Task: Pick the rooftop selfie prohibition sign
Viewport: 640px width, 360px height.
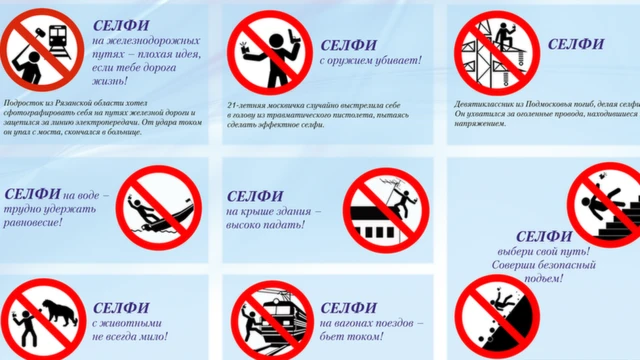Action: pyautogui.click(x=385, y=209)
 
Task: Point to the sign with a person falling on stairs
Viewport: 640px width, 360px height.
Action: pyautogui.click(x=606, y=205)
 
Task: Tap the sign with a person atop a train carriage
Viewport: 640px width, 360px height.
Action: pyautogui.click(x=272, y=320)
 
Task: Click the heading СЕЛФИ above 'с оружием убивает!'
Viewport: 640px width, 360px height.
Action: pyautogui.click(x=349, y=44)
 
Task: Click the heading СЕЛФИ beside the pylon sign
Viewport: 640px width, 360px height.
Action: pyautogui.click(x=576, y=44)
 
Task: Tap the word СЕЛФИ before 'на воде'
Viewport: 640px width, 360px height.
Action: pyautogui.click(x=34, y=194)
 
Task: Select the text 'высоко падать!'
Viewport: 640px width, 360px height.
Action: pyautogui.click(x=273, y=227)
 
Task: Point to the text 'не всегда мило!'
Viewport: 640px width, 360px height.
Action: pyautogui.click(x=131, y=339)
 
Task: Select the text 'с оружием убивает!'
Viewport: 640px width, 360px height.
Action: pyautogui.click(x=371, y=61)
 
